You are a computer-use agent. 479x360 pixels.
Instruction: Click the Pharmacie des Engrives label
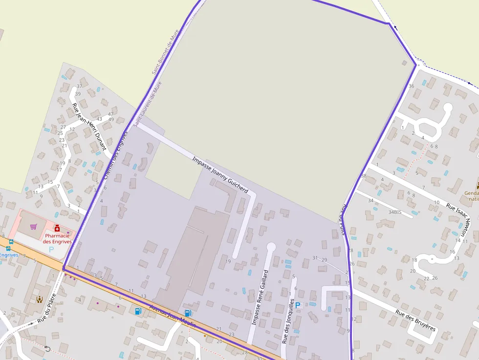57,238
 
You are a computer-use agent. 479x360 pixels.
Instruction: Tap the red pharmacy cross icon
57,228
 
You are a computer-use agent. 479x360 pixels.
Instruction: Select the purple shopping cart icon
33,227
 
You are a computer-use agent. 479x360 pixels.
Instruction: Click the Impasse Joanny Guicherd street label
220,174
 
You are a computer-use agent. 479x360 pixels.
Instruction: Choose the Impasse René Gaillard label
260,297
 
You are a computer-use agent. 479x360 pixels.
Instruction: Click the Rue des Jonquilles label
288,321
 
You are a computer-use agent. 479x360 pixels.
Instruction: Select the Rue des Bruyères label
415,320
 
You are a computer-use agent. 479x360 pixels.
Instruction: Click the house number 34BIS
395,212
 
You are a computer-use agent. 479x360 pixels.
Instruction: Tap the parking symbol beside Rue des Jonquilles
298,305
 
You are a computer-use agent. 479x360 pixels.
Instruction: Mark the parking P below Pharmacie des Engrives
51,249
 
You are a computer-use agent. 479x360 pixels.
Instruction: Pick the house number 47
110,114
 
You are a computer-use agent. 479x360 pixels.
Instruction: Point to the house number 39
78,94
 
